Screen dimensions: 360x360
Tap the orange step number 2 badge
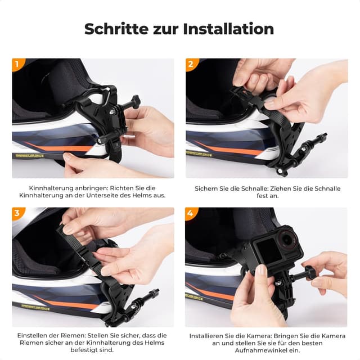[191, 64]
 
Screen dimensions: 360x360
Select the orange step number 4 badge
[191, 213]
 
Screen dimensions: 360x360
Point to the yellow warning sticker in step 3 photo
[35, 308]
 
